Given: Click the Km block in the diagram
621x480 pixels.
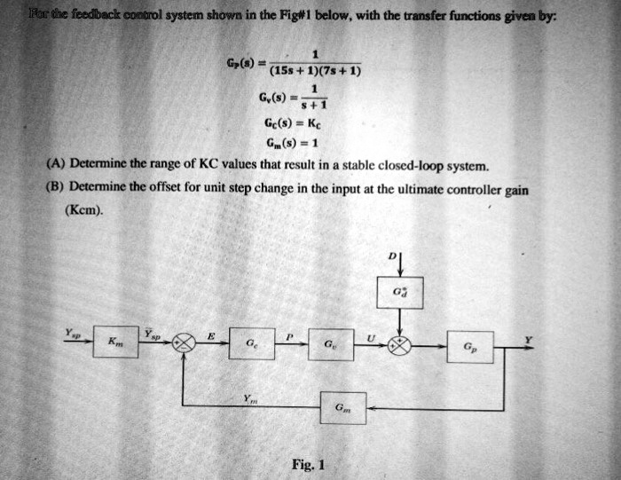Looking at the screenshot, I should pyautogui.click(x=113, y=342).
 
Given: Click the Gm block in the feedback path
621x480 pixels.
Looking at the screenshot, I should pyautogui.click(x=342, y=408).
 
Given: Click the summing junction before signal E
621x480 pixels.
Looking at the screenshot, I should pyautogui.click(x=185, y=342).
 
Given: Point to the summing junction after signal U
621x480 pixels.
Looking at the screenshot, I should pyautogui.click(x=402, y=344).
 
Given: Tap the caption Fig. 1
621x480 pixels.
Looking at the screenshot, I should pyautogui.click(x=310, y=463).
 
